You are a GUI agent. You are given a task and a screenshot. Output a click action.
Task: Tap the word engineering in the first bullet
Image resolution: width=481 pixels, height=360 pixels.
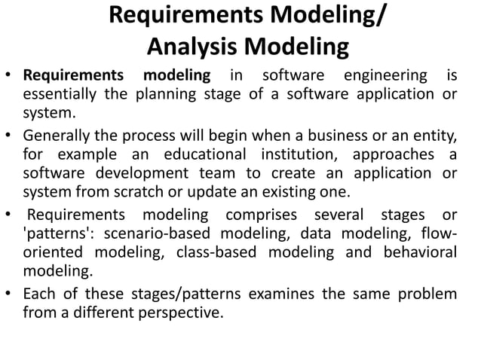pyautogui.click(x=382, y=76)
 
